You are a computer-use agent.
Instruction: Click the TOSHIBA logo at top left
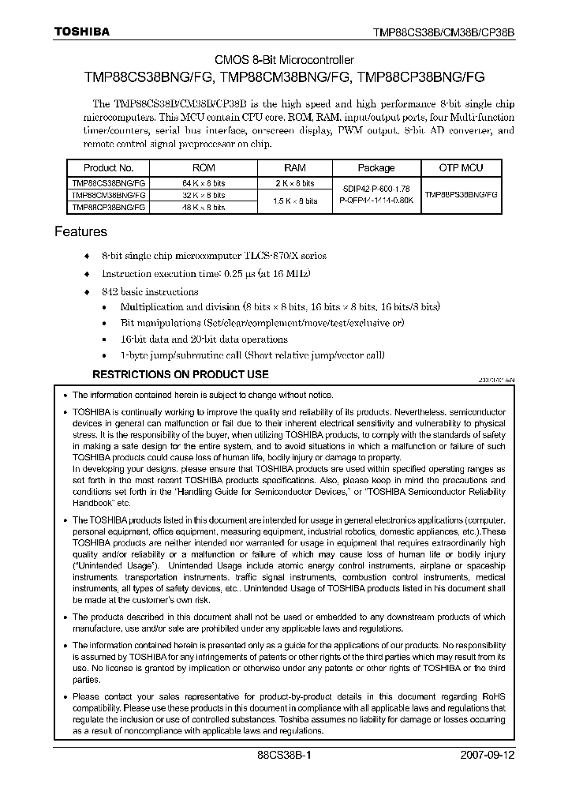click(81, 32)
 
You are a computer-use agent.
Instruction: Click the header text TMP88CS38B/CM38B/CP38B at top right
click(443, 33)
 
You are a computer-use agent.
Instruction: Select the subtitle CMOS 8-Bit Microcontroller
click(285, 60)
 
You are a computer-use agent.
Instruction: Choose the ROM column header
click(203, 167)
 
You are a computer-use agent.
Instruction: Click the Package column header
click(376, 167)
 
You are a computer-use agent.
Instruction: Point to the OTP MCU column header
click(461, 167)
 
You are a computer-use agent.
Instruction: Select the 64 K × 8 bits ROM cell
click(203, 182)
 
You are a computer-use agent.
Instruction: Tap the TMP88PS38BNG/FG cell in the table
click(461, 193)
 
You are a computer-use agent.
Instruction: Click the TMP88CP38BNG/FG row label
click(109, 207)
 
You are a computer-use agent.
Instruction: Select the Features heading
click(80, 232)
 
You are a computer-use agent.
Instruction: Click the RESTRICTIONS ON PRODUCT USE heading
click(181, 374)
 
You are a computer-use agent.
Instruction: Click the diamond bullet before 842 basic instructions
click(88, 291)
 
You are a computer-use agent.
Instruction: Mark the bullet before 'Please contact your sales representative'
click(65, 697)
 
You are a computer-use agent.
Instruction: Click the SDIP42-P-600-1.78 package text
click(376, 189)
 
